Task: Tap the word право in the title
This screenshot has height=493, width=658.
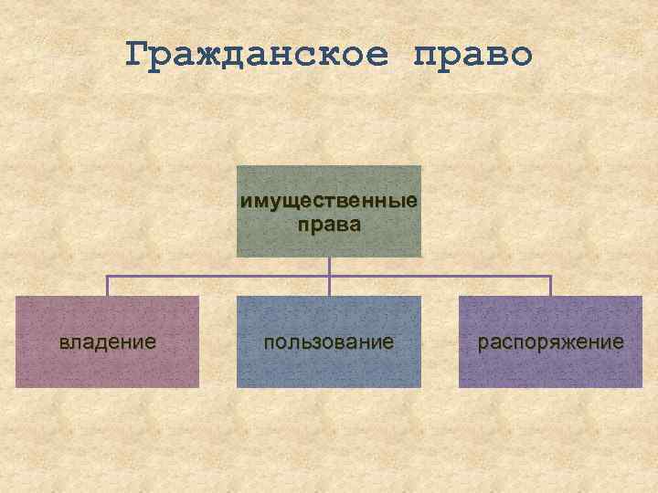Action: [x=472, y=55]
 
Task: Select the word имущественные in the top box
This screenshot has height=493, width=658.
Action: [x=329, y=201]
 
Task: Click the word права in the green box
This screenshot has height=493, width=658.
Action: [x=329, y=224]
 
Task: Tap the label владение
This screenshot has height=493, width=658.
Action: [x=108, y=342]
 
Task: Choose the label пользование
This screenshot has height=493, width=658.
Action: [x=329, y=342]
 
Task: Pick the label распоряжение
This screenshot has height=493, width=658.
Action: [x=551, y=342]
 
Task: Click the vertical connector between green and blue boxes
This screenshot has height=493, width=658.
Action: [x=329, y=286]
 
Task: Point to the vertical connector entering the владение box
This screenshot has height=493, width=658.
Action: [x=108, y=286]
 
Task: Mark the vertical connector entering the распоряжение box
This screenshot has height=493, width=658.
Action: [x=551, y=286]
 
